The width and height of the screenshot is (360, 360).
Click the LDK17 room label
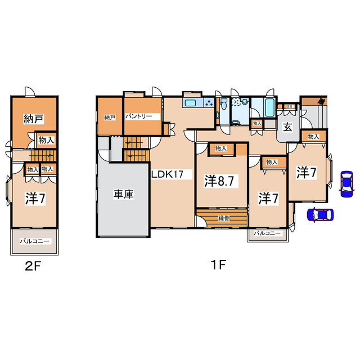point(168,174)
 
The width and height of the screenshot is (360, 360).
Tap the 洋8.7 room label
point(219,181)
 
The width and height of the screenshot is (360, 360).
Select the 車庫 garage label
point(124,194)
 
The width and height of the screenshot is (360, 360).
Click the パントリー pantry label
point(139,116)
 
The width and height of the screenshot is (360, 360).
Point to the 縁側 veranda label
point(224,218)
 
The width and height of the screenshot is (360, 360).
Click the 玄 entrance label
point(287,128)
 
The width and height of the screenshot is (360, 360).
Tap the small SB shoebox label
point(290,106)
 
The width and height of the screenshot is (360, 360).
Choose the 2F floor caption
point(33,266)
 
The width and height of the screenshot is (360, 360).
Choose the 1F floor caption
point(218,264)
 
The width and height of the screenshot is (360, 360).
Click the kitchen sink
point(191,103)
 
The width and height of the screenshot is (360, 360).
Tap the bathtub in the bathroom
point(269,107)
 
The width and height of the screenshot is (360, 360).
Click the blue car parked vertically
point(346,184)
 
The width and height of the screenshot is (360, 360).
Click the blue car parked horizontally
point(320,215)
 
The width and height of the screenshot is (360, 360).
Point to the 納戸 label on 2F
point(34,119)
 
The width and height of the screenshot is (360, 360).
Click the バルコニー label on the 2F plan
point(34,241)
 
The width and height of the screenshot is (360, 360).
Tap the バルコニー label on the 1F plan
point(267,233)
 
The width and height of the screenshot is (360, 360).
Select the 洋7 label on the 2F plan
point(35,199)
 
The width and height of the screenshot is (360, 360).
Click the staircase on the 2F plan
point(44,156)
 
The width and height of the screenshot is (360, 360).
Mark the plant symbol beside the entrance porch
point(322,101)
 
